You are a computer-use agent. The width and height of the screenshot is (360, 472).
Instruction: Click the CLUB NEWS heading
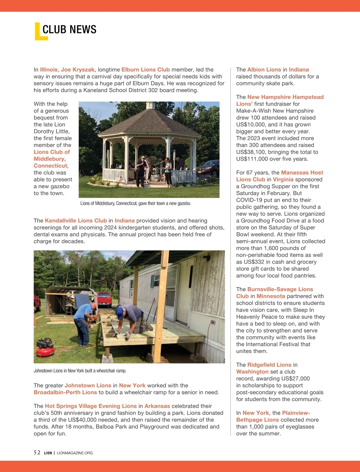69,29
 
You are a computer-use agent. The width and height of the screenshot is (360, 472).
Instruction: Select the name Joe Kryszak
78,70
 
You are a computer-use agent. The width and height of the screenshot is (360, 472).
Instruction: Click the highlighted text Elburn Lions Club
145,70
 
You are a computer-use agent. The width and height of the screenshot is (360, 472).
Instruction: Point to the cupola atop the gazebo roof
150,105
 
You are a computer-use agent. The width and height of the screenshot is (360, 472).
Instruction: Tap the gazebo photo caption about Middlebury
136,203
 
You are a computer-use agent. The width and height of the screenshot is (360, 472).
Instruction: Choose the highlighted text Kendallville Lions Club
76,221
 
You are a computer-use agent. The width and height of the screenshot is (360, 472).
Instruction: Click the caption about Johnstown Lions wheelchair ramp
80,371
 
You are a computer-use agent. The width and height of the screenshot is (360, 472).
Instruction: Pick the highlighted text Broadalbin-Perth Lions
65,392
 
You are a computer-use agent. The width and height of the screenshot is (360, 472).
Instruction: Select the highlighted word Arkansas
157,406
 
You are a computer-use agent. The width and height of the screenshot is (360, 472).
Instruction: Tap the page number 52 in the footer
37,453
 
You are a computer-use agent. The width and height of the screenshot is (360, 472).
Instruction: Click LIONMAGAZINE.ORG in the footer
75,453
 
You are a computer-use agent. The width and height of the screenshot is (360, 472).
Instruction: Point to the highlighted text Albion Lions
264,70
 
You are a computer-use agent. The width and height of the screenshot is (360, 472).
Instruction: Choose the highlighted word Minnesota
271,296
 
